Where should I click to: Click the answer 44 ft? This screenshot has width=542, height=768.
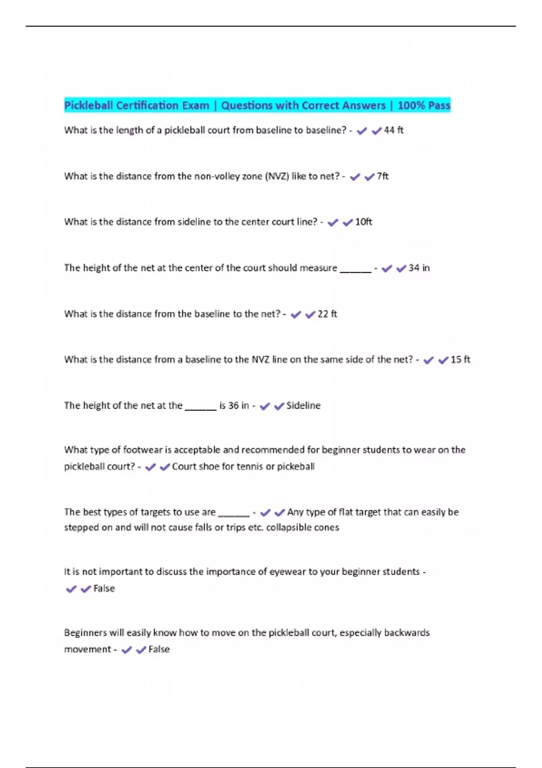click(393, 131)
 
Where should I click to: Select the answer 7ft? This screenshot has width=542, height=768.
click(383, 176)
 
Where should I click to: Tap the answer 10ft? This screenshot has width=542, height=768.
click(364, 222)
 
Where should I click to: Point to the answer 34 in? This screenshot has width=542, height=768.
click(419, 268)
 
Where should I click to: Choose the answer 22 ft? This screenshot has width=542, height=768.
click(327, 314)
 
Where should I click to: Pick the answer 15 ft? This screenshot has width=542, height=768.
click(460, 360)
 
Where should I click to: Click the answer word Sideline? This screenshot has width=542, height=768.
click(303, 406)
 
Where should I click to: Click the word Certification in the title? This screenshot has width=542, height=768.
click(147, 106)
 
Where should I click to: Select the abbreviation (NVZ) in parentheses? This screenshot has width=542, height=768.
click(277, 176)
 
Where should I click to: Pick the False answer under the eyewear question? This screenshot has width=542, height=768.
click(104, 589)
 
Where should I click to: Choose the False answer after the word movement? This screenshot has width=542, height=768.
click(159, 650)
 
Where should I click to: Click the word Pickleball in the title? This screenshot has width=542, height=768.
click(89, 106)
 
